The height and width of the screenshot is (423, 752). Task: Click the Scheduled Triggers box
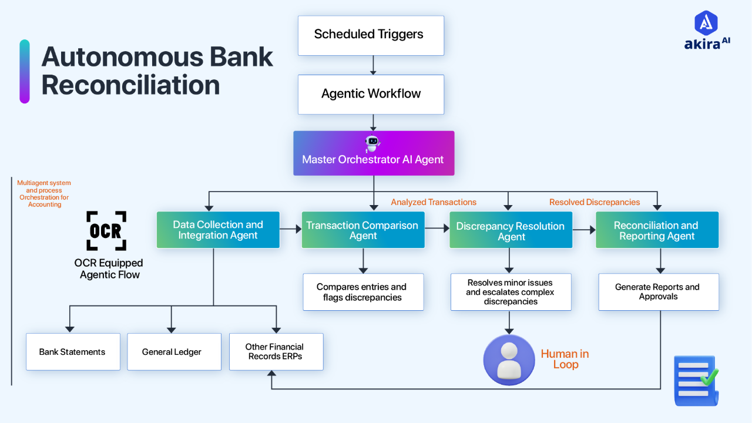[x=371, y=35]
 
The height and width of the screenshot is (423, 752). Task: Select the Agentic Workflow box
[x=371, y=94]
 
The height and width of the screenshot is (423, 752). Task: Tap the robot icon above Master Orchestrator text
[x=372, y=143]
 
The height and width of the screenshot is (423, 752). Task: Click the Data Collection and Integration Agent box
[x=218, y=230]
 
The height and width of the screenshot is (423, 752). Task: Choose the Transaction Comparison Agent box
[x=362, y=230]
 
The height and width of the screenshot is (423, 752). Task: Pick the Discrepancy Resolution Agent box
[x=511, y=231]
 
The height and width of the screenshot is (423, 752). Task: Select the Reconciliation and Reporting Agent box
[x=657, y=230]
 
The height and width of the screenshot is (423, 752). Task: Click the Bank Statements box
[x=73, y=352]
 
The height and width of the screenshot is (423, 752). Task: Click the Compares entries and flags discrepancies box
[x=362, y=292]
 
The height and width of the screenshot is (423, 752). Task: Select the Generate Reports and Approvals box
[x=658, y=292]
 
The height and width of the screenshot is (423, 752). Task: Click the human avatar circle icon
[x=509, y=360]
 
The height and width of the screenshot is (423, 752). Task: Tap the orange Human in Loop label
[x=565, y=359]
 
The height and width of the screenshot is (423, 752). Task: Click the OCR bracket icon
[x=106, y=231]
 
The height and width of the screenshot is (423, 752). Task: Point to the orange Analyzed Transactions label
[x=434, y=202]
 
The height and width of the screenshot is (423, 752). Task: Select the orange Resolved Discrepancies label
[x=595, y=202]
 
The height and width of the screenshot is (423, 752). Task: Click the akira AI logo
[x=707, y=31]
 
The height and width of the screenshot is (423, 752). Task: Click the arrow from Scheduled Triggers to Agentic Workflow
[x=373, y=65]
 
